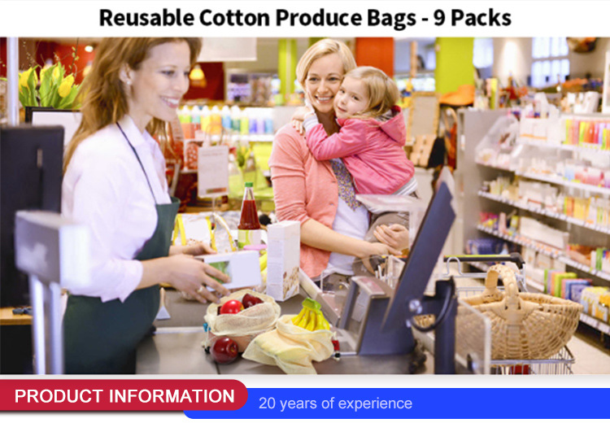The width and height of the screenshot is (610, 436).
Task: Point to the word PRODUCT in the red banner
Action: pyautogui.click(x=66, y=397)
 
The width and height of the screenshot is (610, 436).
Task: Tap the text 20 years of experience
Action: pyautogui.click(x=335, y=403)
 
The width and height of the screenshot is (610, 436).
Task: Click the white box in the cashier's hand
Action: pyautogui.click(x=232, y=268)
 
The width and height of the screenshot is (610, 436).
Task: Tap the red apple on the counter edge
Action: pyautogui.click(x=224, y=349)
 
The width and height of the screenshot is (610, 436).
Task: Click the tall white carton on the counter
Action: pyautogui.click(x=282, y=260)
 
